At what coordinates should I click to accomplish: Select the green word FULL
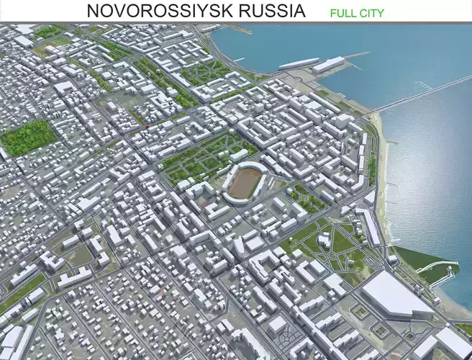[x=344, y=13]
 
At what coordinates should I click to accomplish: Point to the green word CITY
[x=373, y=13]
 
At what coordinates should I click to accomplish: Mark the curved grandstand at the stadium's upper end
[x=251, y=167]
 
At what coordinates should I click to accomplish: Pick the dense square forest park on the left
[x=28, y=137]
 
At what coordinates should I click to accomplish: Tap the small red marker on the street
[x=147, y=126]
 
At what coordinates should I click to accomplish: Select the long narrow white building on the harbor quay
[x=298, y=63]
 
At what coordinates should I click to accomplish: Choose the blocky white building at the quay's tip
[x=329, y=66]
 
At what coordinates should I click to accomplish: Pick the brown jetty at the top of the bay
[x=238, y=30]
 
